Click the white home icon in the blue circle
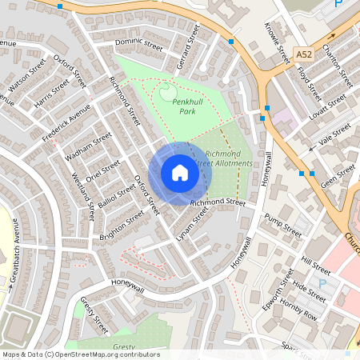(180, 173)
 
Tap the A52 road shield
(302, 54)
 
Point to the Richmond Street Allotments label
(228, 158)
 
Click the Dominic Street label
(138, 46)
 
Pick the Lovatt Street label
(327, 104)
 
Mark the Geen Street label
(337, 175)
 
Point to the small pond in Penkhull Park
(167, 94)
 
